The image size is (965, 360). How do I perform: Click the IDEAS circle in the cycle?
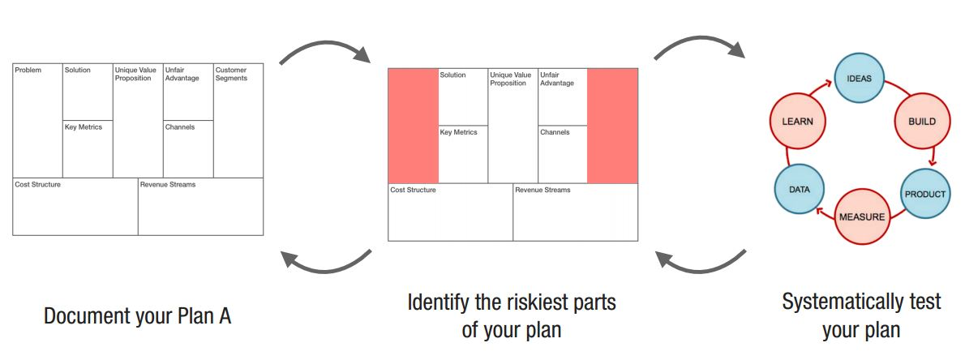859,79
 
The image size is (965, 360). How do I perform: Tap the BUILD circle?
921,122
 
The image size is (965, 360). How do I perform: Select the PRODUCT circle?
925,195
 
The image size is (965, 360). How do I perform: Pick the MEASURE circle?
861,216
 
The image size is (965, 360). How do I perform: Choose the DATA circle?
799,189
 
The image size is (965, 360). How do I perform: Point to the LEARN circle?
797,122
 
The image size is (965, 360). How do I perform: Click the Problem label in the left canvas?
28,71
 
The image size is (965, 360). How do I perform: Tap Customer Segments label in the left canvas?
231,75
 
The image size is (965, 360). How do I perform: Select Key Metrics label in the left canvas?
84,127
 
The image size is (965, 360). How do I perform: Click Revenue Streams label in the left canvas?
168,185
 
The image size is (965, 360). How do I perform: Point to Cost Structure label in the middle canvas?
413,190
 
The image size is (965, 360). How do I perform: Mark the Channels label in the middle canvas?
555,132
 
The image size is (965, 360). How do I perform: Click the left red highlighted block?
413,126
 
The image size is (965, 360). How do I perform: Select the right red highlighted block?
612,126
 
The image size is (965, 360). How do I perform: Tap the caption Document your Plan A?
138,315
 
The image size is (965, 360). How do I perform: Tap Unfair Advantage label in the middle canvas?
557,79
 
